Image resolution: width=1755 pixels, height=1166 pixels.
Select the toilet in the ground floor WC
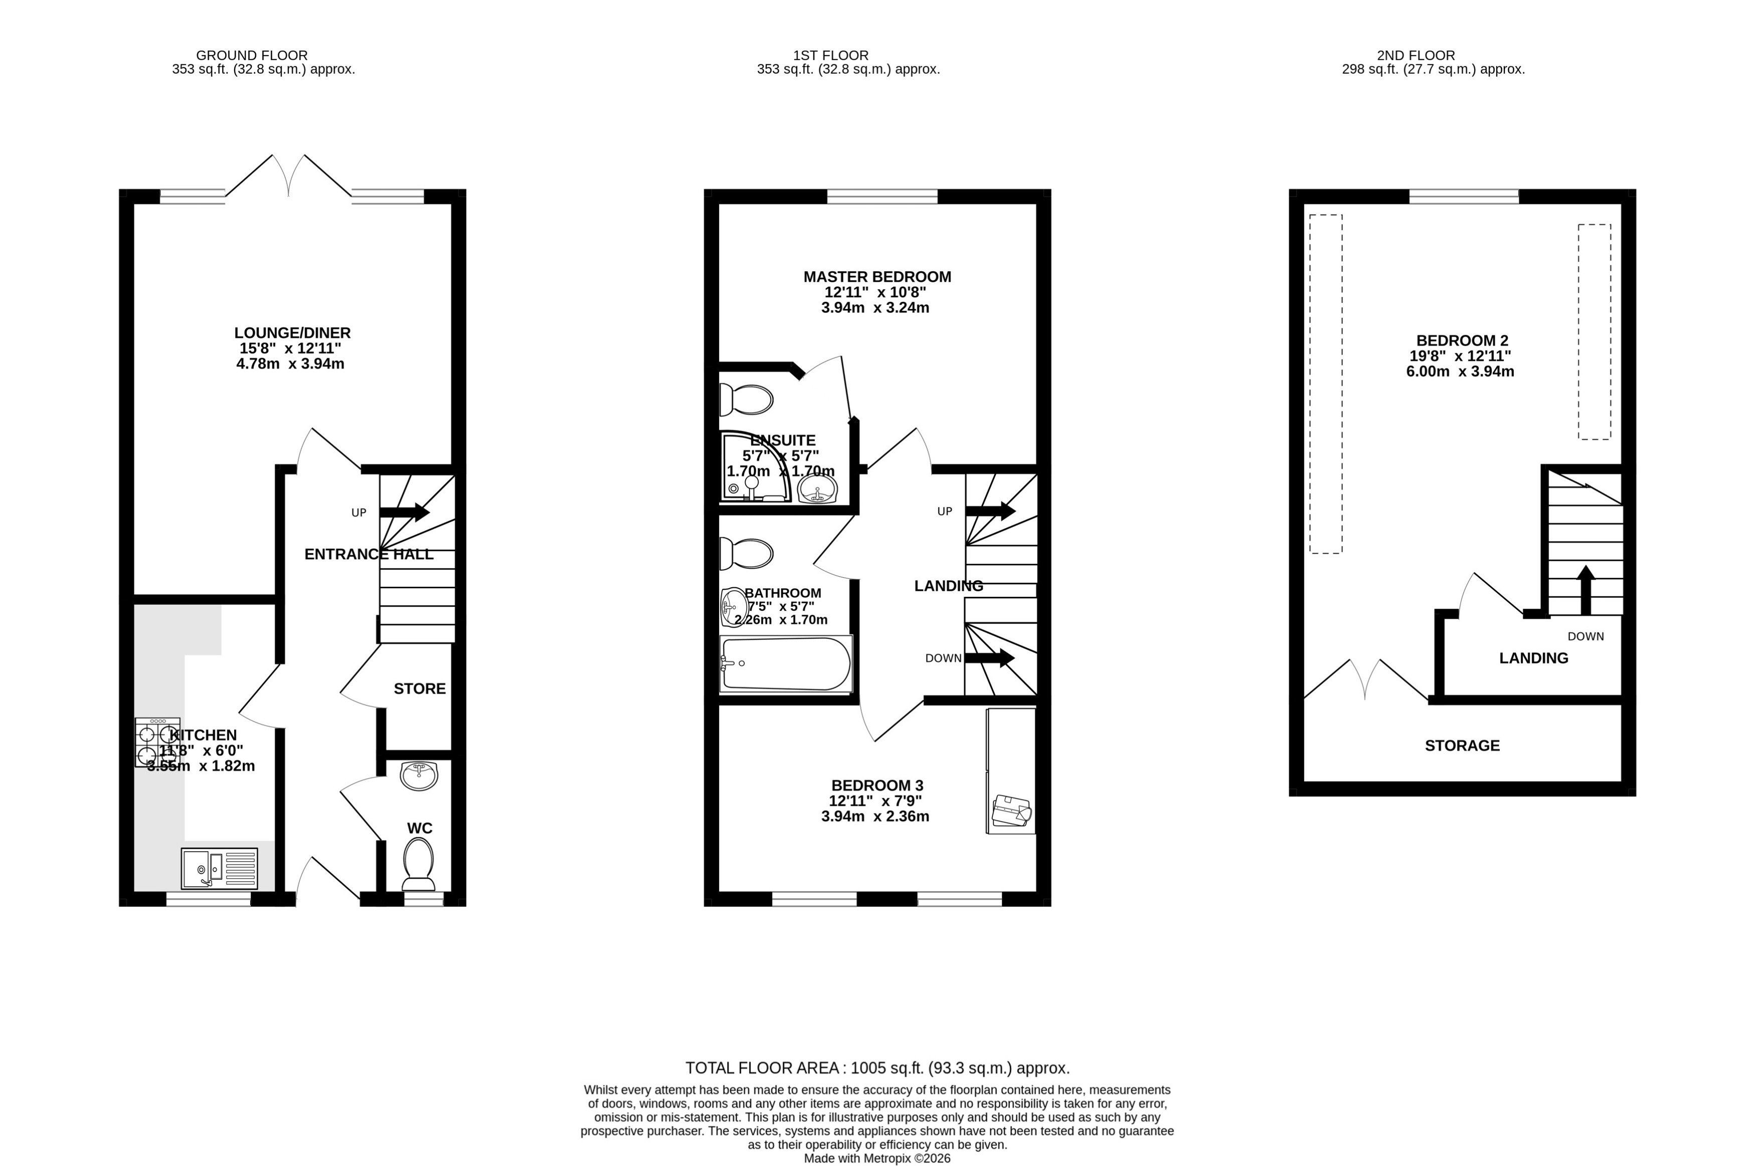(x=419, y=864)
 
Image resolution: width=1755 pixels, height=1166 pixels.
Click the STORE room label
(x=419, y=689)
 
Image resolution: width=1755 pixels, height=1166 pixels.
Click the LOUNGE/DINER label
(x=292, y=333)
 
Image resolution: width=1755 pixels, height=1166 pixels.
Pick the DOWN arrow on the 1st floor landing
(x=989, y=657)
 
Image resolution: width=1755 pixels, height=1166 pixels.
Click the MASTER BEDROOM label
(x=877, y=277)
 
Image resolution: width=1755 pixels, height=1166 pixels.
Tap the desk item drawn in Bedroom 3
(x=1011, y=810)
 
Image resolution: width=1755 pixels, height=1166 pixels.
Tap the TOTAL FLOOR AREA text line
(x=877, y=1068)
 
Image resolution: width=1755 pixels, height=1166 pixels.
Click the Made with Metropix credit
(x=877, y=1158)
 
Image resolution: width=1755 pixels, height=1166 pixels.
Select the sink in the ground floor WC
(x=419, y=776)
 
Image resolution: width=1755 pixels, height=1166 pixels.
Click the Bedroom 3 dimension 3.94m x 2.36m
(x=875, y=816)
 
